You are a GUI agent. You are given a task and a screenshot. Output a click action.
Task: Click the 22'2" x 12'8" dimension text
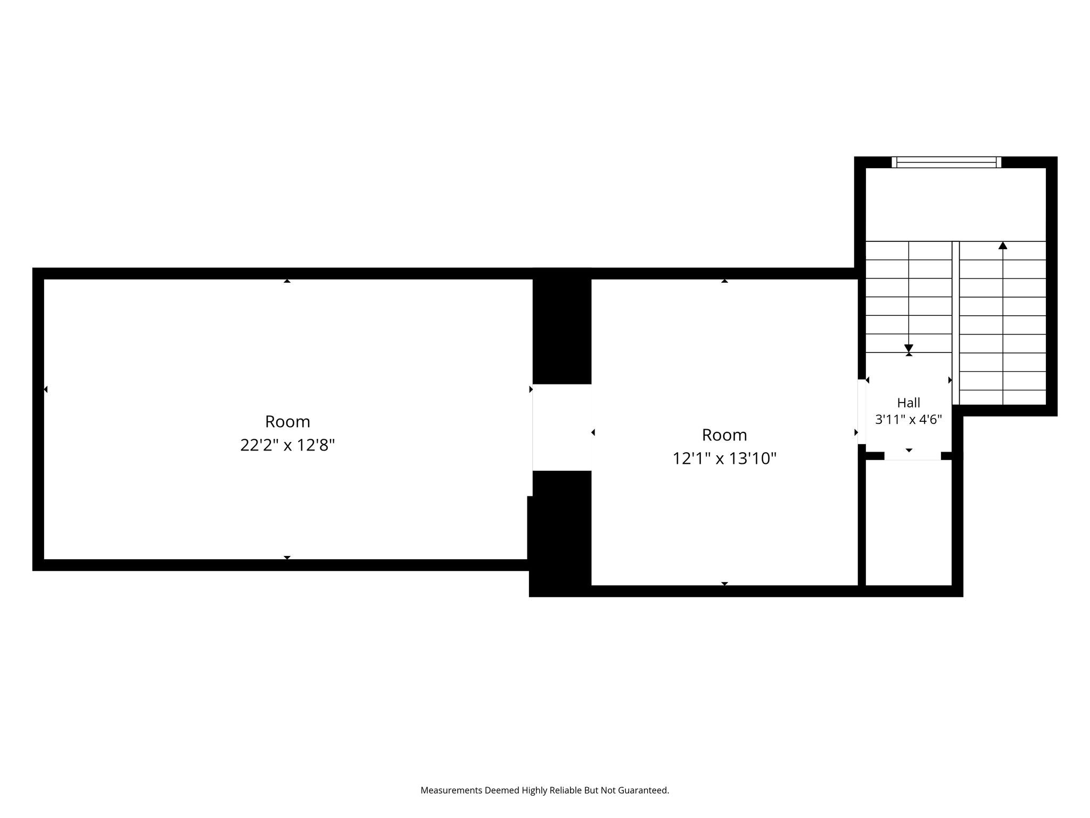pyautogui.click(x=287, y=445)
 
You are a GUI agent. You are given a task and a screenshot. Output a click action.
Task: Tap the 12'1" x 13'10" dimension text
pyautogui.click(x=724, y=458)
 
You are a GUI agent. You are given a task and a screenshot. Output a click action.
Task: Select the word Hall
pyautogui.click(x=909, y=403)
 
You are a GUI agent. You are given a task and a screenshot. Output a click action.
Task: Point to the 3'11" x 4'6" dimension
pyautogui.click(x=909, y=420)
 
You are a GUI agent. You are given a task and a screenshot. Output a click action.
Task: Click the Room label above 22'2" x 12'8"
pyautogui.click(x=287, y=421)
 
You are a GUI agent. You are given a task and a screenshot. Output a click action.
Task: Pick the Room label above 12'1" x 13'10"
pyautogui.click(x=724, y=435)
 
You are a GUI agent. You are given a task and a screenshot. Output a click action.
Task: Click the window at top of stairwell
pyautogui.click(x=946, y=162)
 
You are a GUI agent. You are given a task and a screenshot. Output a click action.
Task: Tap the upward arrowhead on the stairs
pyautogui.click(x=1003, y=246)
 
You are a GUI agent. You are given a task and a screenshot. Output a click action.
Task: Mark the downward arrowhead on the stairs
pyautogui.click(x=909, y=348)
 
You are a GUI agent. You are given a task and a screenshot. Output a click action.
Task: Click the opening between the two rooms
pyautogui.click(x=562, y=427)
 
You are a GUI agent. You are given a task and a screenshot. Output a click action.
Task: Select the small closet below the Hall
pyautogui.click(x=909, y=522)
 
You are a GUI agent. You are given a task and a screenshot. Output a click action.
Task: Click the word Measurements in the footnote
pyautogui.click(x=451, y=790)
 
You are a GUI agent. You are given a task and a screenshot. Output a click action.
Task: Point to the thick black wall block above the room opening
pyautogui.click(x=562, y=326)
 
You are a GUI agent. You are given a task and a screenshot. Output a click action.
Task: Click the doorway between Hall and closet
pyautogui.click(x=913, y=456)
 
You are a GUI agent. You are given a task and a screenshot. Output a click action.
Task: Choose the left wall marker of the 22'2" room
pyautogui.click(x=46, y=389)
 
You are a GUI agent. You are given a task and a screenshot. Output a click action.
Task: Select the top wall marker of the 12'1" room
pyautogui.click(x=724, y=281)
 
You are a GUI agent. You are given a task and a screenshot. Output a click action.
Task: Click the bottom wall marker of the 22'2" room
pyautogui.click(x=287, y=558)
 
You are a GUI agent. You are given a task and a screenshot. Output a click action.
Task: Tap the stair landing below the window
pyautogui.click(x=956, y=204)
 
